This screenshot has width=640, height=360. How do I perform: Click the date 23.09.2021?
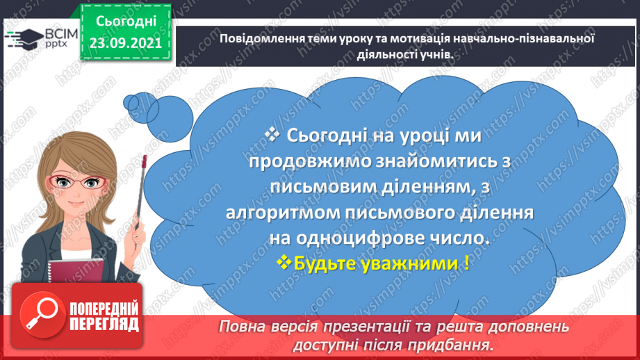pyautogui.click(x=126, y=42)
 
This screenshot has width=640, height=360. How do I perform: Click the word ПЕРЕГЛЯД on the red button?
pyautogui.click(x=103, y=324)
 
